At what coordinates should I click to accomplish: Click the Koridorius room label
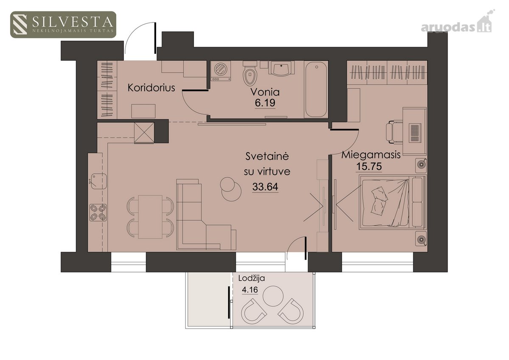coord(151,88)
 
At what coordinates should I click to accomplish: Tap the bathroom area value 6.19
coord(265,103)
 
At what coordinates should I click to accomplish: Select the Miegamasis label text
coord(371,155)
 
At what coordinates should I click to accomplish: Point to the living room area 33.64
coord(265,187)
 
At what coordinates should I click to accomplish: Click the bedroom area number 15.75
coord(369,166)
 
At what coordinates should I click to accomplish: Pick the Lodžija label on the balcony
coord(252,279)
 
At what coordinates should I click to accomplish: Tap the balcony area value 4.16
coord(250,290)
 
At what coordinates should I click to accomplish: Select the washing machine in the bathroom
coord(221,71)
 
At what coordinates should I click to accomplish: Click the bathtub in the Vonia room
coord(316,89)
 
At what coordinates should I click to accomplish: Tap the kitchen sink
coord(99,181)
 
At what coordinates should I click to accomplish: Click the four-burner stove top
coord(98,212)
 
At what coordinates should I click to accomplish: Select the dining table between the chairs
coord(150,217)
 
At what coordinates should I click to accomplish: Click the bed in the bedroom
coord(393,202)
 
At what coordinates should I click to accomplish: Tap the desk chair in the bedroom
coord(394,132)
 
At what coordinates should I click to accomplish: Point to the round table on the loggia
coord(273,296)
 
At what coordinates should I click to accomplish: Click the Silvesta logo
coord(63,25)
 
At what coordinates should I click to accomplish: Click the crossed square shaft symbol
coord(144,133)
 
